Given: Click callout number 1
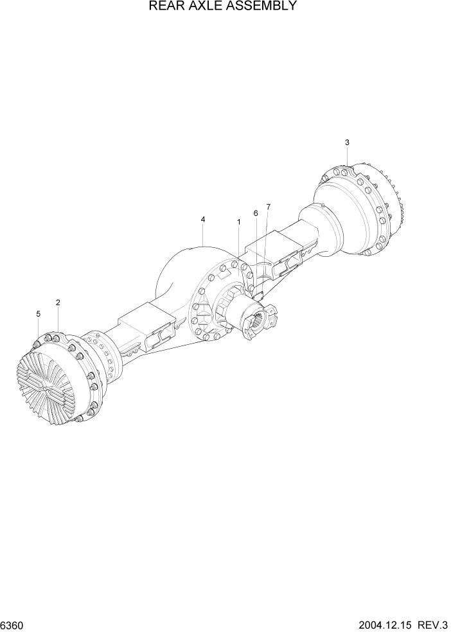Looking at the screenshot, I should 239,222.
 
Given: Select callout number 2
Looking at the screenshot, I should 58,302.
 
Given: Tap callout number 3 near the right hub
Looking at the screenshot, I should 347,142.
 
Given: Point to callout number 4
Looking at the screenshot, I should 203,220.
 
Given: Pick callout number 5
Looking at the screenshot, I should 39,314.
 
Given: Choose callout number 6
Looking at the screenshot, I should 256,213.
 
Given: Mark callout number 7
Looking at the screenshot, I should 269,207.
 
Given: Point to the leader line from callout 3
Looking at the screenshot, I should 347,157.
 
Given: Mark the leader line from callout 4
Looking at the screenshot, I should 203,235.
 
